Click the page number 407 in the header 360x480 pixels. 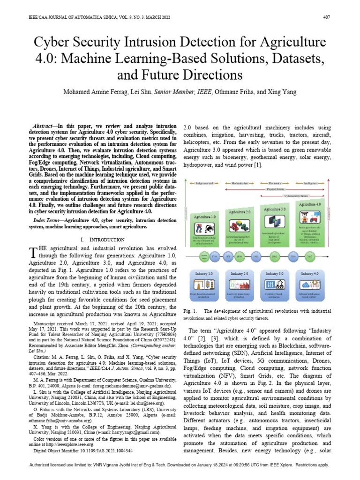point(327,18)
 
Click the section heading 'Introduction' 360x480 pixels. point(99,240)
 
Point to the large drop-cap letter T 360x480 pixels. point(33,253)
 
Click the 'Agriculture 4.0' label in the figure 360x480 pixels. point(310,204)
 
